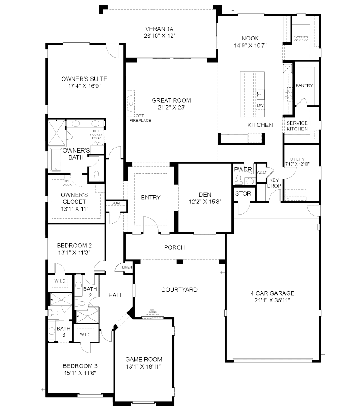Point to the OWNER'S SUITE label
tap(77, 79)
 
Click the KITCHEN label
tap(261, 125)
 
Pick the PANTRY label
tap(304, 85)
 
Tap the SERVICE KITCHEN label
tap(297, 126)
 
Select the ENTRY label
tap(150, 197)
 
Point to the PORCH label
tap(175, 247)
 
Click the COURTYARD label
tap(179, 290)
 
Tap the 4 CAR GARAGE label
tap(272, 293)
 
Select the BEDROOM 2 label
tap(74, 246)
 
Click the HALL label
tap(116, 295)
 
